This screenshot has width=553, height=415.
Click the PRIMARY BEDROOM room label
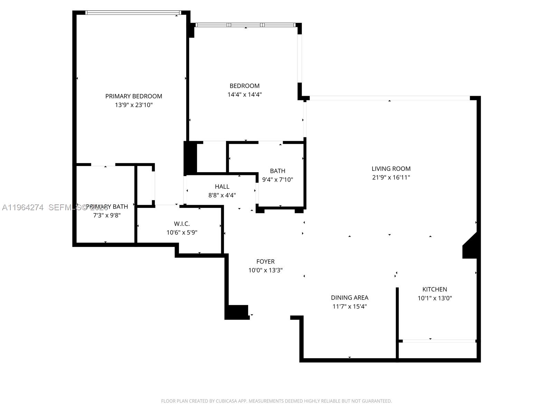[x=133, y=96]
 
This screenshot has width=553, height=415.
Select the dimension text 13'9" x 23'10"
[x=133, y=105]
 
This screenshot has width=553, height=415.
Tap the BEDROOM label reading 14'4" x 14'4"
[x=244, y=90]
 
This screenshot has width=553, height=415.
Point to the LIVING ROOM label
[x=391, y=169]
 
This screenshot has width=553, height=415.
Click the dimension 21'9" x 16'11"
[x=391, y=177]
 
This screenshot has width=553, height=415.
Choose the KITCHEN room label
[x=434, y=289]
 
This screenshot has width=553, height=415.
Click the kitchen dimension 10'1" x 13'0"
[x=434, y=298]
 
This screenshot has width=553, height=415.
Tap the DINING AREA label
[x=349, y=297]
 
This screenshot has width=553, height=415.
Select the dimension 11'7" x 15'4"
[x=349, y=306]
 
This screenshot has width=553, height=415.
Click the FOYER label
[x=265, y=261]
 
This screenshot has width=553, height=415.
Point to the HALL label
[x=222, y=186]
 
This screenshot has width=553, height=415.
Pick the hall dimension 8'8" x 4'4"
[x=222, y=195]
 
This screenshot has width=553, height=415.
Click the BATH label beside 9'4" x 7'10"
[x=278, y=171]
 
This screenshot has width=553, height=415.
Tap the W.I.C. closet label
[x=182, y=224]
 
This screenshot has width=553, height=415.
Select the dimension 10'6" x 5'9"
[x=182, y=232]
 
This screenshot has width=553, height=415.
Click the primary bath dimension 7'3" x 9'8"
[x=106, y=215]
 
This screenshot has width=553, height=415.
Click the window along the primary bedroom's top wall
[x=133, y=13]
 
